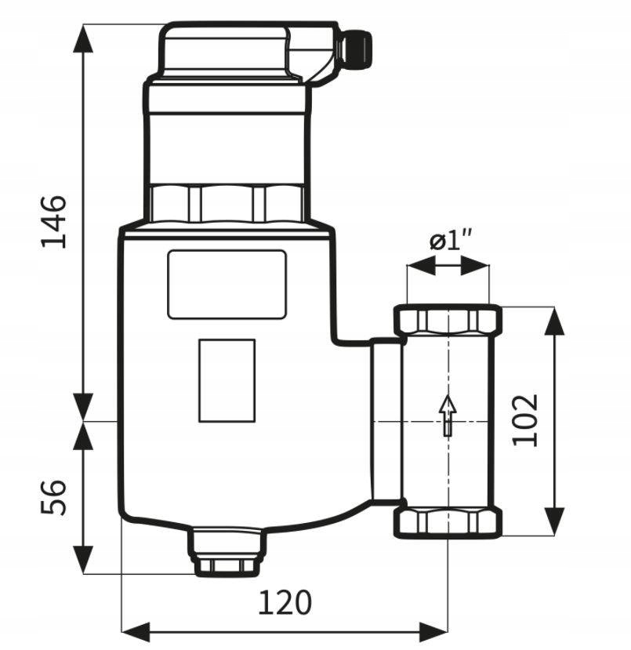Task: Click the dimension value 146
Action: click(53, 221)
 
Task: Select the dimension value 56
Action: click(53, 497)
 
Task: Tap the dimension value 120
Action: click(285, 602)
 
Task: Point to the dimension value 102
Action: click(525, 420)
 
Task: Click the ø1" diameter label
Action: click(451, 241)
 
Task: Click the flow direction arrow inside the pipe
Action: click(448, 416)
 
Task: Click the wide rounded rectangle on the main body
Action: click(227, 285)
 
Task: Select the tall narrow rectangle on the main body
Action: click(227, 380)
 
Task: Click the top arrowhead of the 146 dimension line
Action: click(83, 38)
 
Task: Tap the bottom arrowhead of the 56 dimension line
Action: click(83, 560)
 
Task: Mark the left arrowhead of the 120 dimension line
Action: click(136, 632)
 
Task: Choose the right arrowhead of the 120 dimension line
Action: click(433, 632)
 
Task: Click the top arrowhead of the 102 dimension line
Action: click(554, 321)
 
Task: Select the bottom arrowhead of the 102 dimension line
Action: click(554, 521)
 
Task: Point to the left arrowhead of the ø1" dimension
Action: click(422, 265)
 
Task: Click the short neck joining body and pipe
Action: click(386, 421)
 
